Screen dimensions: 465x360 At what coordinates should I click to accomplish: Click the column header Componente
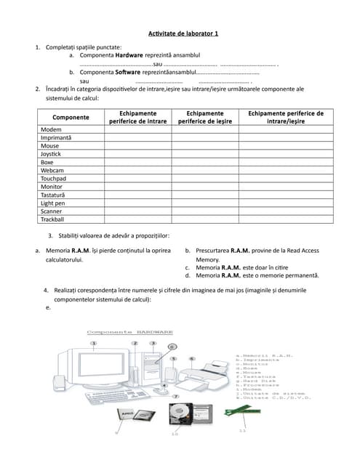pos(71,117)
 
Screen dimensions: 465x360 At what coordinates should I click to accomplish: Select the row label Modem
pos(51,129)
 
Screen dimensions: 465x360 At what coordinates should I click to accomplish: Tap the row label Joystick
pos(51,154)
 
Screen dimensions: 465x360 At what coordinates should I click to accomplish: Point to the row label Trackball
pos(52,219)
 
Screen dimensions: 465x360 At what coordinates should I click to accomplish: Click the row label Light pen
pos(53,203)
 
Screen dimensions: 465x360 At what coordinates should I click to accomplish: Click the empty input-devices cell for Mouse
pos(138,146)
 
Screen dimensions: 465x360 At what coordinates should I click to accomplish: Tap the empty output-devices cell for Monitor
pos(205,187)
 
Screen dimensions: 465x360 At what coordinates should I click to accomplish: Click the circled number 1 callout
pos(93,342)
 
